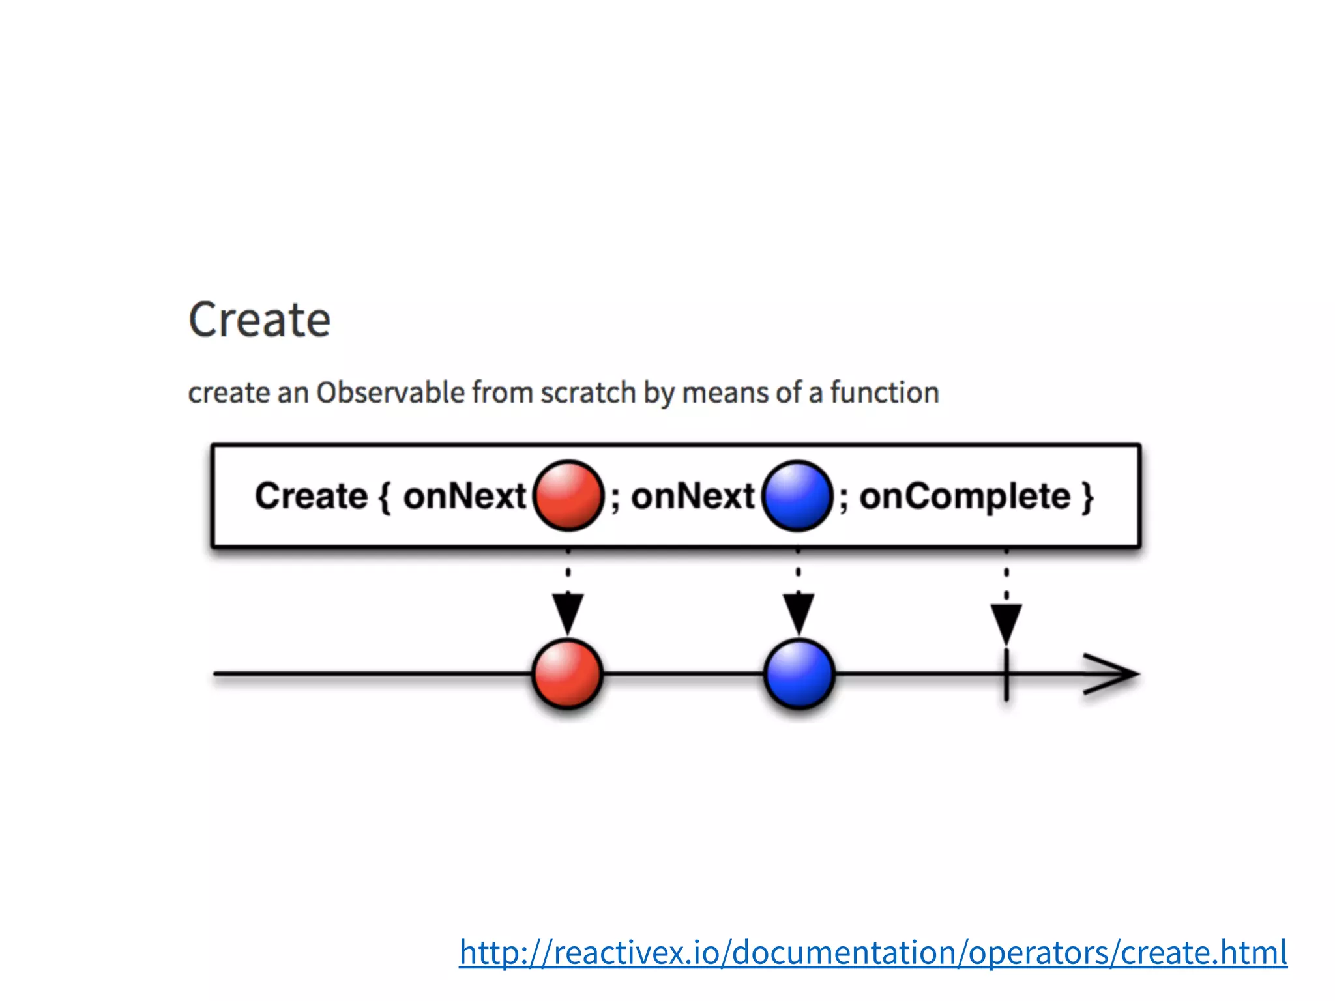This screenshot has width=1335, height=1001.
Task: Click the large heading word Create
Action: [x=259, y=320]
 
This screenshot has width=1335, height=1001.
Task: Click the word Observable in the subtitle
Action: [x=390, y=393]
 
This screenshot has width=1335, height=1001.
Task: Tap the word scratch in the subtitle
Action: [x=588, y=393]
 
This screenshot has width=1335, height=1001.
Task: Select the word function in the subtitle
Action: [x=885, y=393]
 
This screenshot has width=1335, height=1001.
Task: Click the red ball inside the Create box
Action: [x=568, y=495]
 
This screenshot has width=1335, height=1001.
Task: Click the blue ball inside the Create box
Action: [x=797, y=495]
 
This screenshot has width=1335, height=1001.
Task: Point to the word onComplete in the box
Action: [x=965, y=497]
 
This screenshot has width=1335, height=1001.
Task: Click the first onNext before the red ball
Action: [x=464, y=497]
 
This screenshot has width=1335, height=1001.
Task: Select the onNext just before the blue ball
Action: [x=692, y=497]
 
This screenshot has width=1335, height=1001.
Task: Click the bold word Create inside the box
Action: [x=311, y=497]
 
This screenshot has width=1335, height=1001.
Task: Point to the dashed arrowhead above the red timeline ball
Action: [x=568, y=613]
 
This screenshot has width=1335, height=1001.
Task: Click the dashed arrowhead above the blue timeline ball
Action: [x=799, y=613]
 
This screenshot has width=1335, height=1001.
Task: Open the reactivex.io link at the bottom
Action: [x=873, y=952]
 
